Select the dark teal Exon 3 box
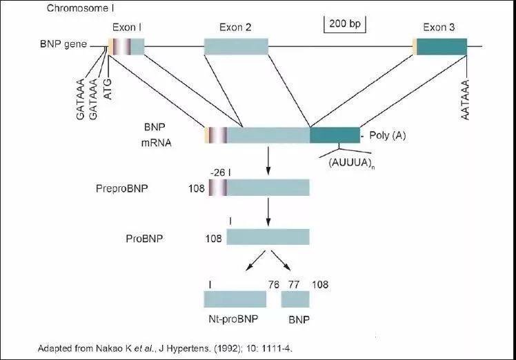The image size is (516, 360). (441, 46)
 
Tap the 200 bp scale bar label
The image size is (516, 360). (346, 24)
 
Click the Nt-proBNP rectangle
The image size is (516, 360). (235, 298)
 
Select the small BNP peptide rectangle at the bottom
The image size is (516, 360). (295, 298)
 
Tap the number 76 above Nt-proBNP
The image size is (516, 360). (272, 283)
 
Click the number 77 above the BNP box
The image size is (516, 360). (294, 283)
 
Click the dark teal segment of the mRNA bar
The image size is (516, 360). (335, 135)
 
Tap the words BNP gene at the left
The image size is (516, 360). (63, 45)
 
